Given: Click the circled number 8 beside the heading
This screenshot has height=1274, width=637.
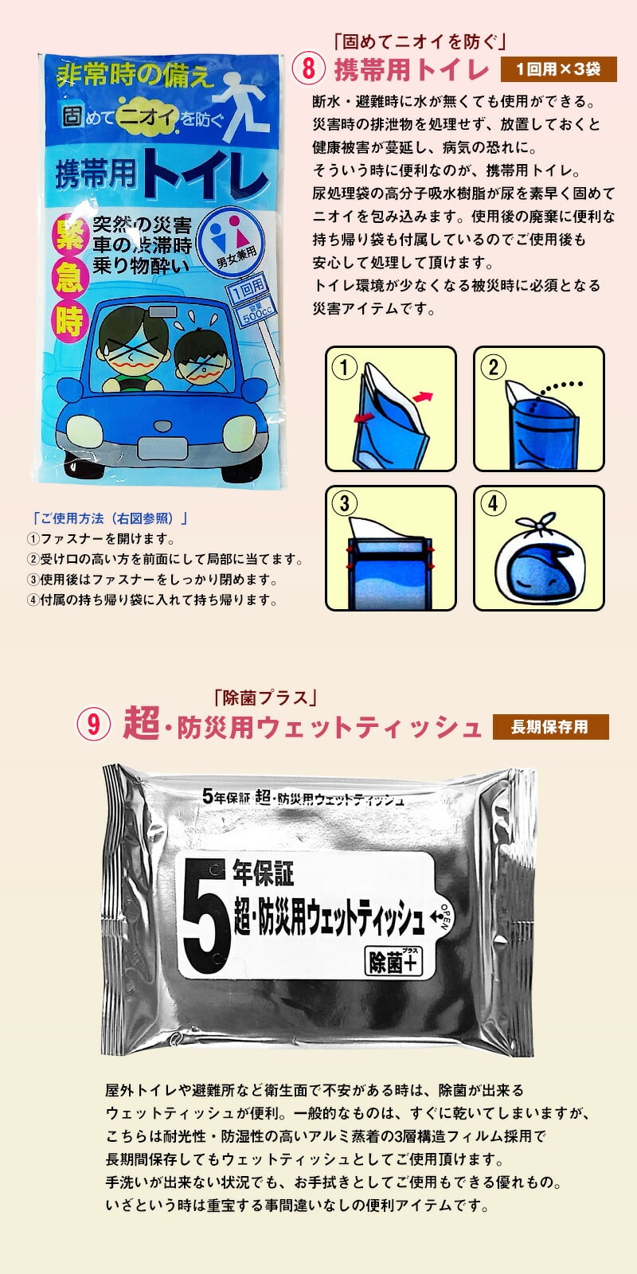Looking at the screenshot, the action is click(308, 68).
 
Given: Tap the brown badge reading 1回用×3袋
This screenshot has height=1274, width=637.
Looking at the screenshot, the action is click(558, 69).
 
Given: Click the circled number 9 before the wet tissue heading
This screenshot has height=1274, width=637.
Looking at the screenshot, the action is click(93, 725).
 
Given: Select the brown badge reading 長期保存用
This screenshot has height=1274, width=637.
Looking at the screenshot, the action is click(550, 727).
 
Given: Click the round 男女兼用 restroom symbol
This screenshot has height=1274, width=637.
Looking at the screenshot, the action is click(236, 242).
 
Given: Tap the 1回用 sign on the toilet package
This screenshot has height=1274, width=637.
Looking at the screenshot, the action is click(246, 290).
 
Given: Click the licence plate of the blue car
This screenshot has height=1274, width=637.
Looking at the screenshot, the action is click(162, 449).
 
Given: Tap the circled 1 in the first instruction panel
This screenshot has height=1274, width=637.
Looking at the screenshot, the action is click(344, 367).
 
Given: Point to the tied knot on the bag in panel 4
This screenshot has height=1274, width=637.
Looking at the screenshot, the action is click(537, 522).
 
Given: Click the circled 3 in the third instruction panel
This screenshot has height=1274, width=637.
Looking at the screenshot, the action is click(344, 503).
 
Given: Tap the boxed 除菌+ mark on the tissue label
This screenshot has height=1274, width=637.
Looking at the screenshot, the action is click(393, 961).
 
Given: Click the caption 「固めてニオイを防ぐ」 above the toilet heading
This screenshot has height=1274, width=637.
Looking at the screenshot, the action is click(420, 41).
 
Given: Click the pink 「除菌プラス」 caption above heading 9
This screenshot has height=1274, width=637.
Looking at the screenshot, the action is click(266, 698).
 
